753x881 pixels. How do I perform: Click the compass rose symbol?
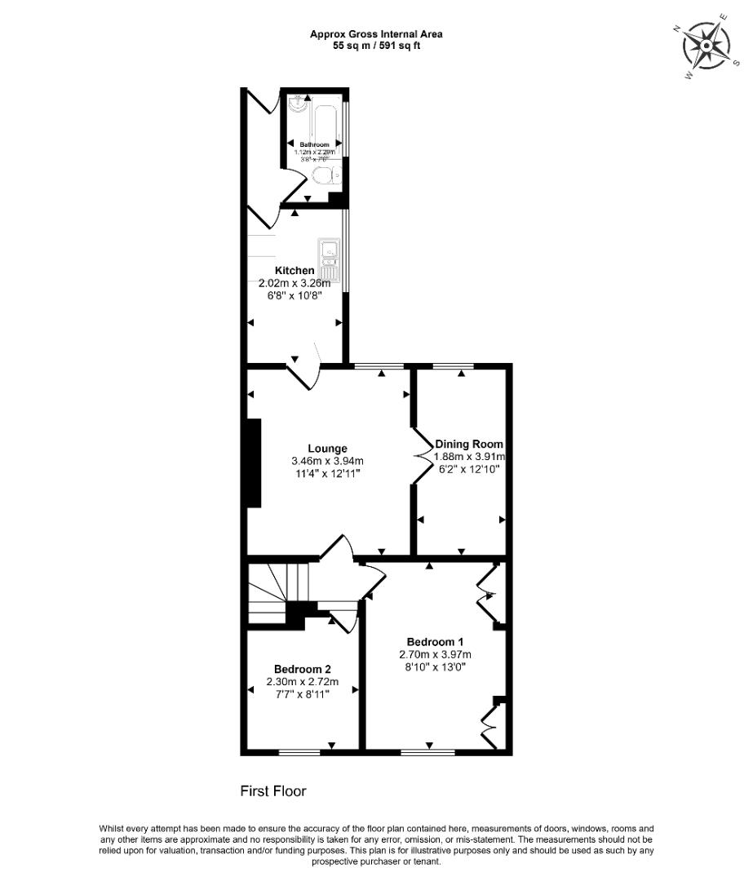click(x=706, y=47)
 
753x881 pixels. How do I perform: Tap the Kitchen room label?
click(x=294, y=271)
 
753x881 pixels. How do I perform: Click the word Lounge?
click(x=327, y=448)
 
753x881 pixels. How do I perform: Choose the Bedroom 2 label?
click(x=303, y=670)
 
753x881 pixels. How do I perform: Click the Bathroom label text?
click(x=314, y=144)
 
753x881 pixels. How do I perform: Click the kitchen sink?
click(x=330, y=254)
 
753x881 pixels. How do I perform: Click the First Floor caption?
click(x=272, y=790)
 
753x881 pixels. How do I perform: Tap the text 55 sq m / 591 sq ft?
click(x=376, y=46)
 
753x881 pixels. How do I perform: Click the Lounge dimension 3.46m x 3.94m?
click(x=327, y=461)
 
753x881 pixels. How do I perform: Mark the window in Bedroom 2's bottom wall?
click(x=299, y=751)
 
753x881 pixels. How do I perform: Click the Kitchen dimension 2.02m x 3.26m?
click(x=294, y=283)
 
